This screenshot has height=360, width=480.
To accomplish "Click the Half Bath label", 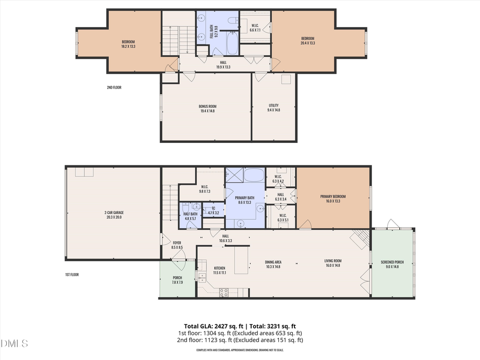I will [190, 216].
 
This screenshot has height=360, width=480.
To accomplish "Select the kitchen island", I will [242, 260].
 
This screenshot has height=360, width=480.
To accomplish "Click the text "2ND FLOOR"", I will [114, 87].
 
